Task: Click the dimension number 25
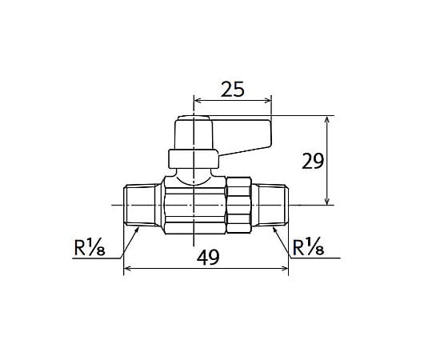pyautogui.click(x=233, y=89)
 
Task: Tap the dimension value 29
pyautogui.click(x=313, y=161)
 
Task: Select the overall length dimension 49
pyautogui.click(x=208, y=257)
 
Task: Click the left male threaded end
pyautogui.click(x=141, y=206)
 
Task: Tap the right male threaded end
pyautogui.click(x=271, y=206)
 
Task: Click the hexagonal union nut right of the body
pyautogui.click(x=238, y=206)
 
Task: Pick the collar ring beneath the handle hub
pyautogui.click(x=194, y=159)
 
